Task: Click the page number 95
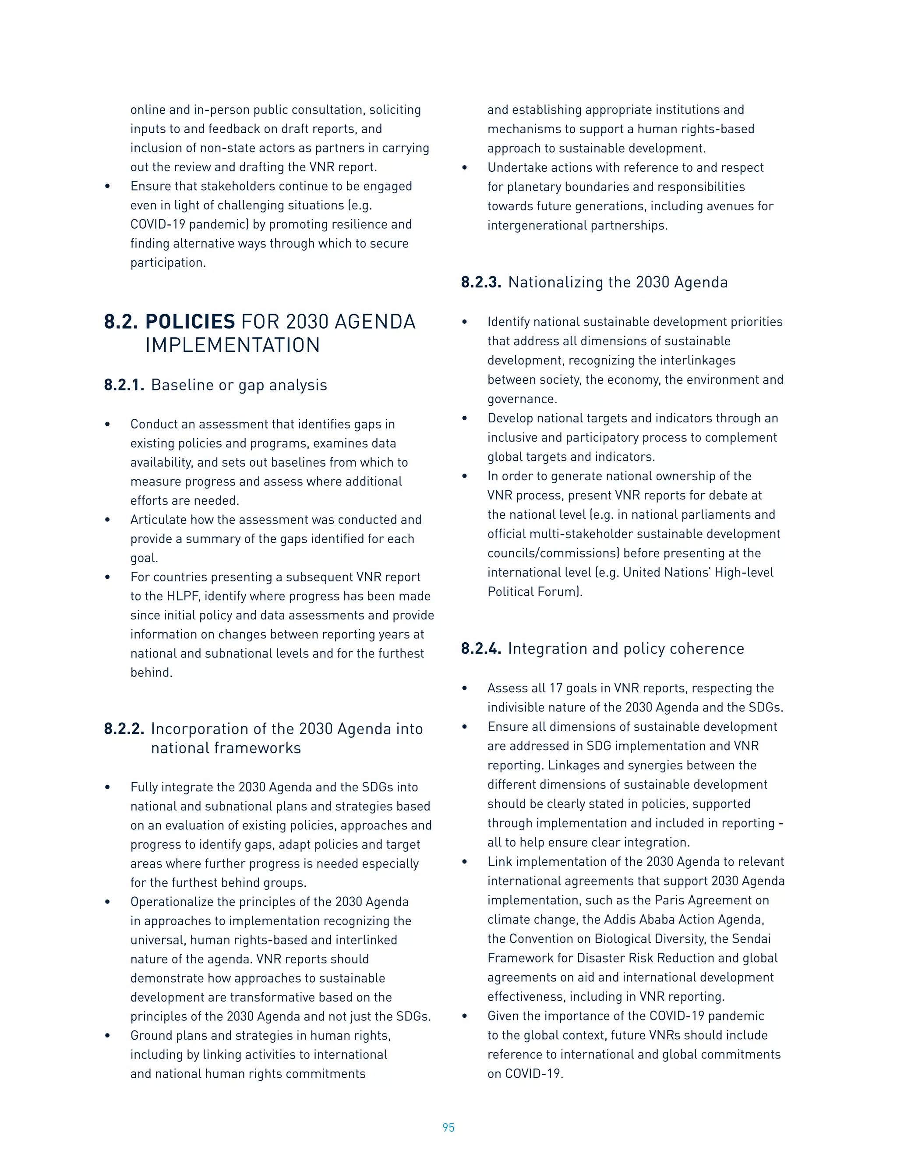point(448,1127)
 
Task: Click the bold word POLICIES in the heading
point(190,322)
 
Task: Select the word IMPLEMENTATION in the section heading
point(232,346)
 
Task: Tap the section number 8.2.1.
point(124,385)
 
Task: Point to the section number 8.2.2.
point(124,729)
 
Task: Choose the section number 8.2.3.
point(481,282)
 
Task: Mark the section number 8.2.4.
point(481,648)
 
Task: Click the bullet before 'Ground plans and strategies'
point(107,1036)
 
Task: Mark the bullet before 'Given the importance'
point(464,1016)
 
